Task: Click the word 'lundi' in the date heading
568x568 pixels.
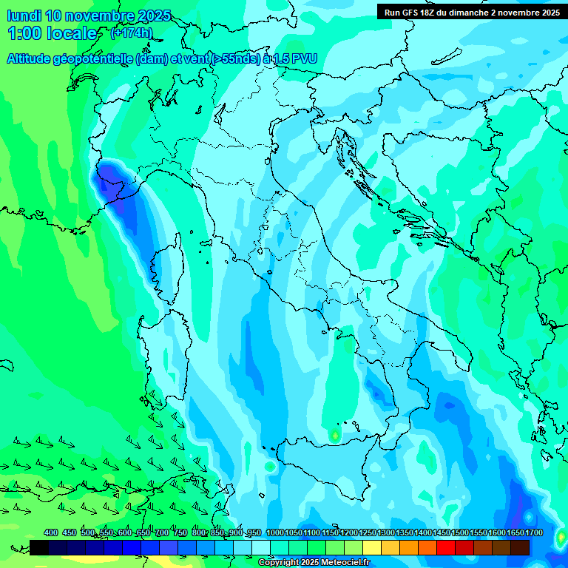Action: point(24,16)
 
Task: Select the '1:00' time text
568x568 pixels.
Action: point(24,33)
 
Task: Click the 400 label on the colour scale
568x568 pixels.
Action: point(51,532)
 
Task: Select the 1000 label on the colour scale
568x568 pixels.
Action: point(275,532)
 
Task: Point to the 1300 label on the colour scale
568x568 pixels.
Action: point(386,532)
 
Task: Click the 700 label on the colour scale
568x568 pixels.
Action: point(161,532)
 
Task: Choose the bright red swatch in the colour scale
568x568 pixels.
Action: point(446,547)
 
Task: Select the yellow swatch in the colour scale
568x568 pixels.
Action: point(372,547)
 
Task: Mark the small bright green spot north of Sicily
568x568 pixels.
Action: point(335,435)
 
